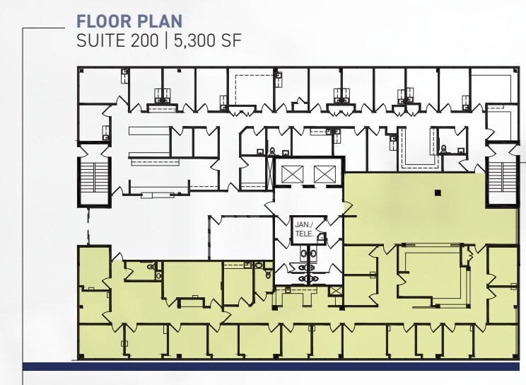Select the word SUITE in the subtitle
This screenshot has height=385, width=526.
click(99, 40)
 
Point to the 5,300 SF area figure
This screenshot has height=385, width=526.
click(209, 40)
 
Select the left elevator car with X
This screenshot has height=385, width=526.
click(291, 173)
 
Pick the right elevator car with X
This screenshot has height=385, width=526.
click(323, 173)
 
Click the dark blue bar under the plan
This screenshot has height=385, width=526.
click(274, 366)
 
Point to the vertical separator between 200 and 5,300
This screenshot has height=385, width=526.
click(165, 40)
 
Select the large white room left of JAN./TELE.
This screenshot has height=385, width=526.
click(240, 237)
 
